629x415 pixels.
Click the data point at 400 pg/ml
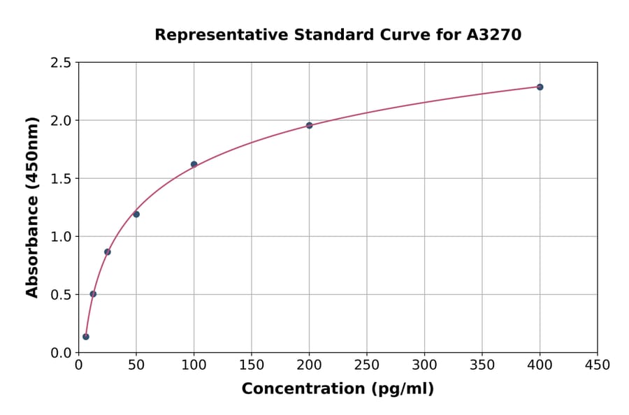[540, 87]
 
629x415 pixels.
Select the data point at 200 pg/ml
[309, 125]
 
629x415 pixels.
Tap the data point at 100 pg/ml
[194, 164]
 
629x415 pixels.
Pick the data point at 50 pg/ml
[136, 214]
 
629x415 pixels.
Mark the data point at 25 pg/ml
[108, 252]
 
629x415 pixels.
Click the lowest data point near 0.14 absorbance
[86, 336]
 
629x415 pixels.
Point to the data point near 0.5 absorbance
[93, 293]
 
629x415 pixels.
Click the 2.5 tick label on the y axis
[59, 63]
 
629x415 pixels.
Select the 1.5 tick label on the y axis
[59, 179]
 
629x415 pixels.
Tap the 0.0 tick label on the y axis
[59, 353]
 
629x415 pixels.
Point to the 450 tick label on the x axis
[597, 365]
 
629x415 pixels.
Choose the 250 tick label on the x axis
[367, 365]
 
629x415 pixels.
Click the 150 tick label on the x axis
[252, 365]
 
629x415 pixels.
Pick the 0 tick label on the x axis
[79, 365]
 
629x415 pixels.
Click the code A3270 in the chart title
[494, 34]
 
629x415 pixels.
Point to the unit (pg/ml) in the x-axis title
[402, 389]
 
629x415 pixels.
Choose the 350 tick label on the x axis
[482, 365]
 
